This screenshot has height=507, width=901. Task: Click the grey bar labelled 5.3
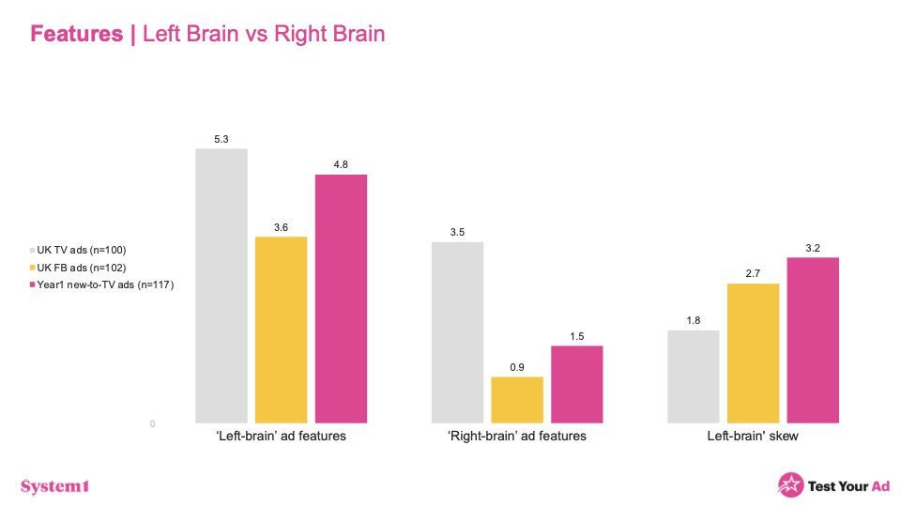click(221, 285)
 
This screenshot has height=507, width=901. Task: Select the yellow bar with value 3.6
click(281, 330)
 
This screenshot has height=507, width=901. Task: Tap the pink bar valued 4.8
click(341, 299)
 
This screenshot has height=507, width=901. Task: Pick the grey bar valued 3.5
click(457, 332)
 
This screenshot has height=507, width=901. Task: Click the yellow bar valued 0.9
click(517, 400)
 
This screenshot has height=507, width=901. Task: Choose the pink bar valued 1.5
click(577, 384)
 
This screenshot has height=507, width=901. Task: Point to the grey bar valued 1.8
click(694, 376)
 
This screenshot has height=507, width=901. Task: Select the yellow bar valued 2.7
click(754, 353)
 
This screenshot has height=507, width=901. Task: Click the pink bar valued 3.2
click(813, 340)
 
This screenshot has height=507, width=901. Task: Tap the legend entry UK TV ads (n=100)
click(80, 250)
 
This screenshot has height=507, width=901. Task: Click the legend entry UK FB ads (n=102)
click(80, 267)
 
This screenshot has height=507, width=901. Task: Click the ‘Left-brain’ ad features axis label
click(282, 437)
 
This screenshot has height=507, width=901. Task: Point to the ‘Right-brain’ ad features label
click(517, 437)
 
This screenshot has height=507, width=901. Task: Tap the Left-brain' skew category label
click(753, 437)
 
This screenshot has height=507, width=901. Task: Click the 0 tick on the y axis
click(151, 424)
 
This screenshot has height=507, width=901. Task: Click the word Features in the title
click(76, 35)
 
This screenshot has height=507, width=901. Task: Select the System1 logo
click(54, 485)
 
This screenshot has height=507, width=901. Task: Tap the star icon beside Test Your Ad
click(790, 484)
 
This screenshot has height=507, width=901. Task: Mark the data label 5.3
click(221, 140)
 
